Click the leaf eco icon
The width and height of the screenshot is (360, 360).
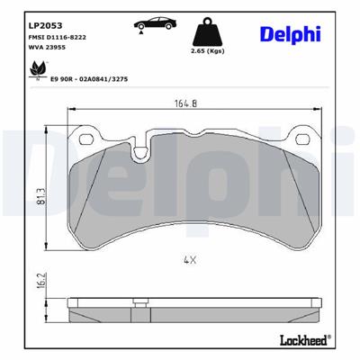click(x=39, y=67)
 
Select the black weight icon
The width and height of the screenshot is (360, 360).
click(x=208, y=32)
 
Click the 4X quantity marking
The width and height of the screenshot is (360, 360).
click(x=188, y=259)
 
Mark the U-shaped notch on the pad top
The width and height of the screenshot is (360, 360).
click(x=141, y=150)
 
